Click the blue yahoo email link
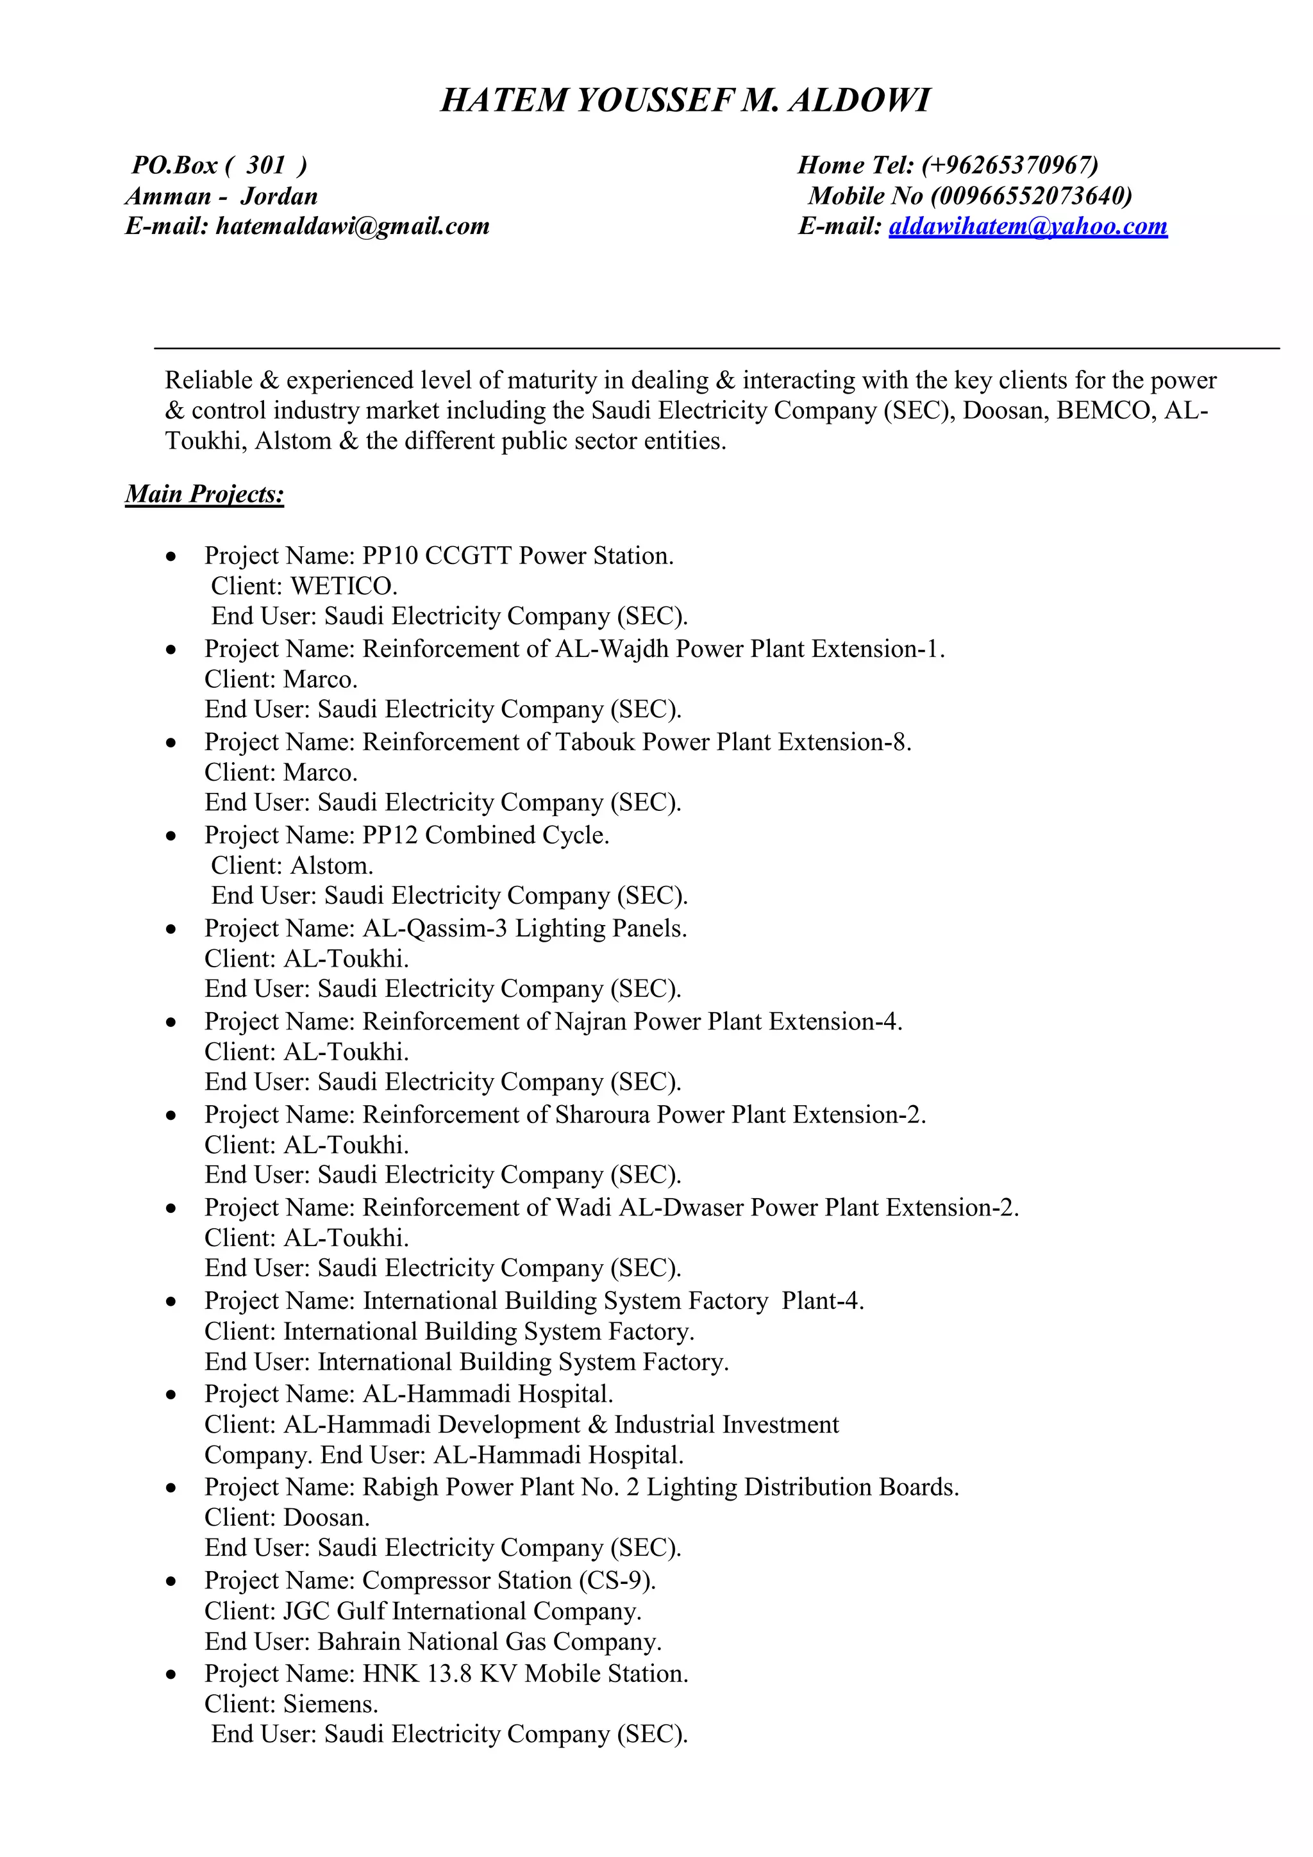(1028, 226)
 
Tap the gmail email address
(352, 226)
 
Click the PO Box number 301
(265, 165)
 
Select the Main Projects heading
(205, 494)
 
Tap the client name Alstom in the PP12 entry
(331, 865)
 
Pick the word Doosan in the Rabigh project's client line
(326, 1517)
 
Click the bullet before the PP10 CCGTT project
(170, 557)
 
